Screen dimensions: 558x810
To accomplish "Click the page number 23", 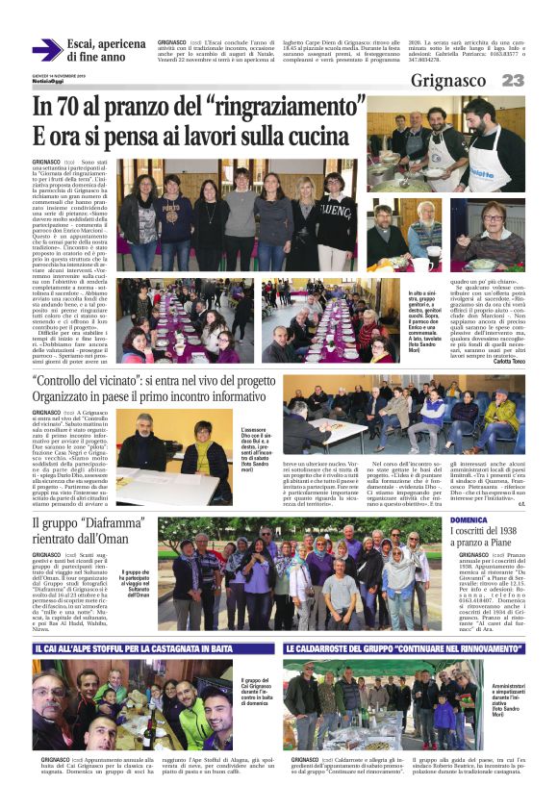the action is (513, 81).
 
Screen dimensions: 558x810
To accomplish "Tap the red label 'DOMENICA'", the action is (469, 520).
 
